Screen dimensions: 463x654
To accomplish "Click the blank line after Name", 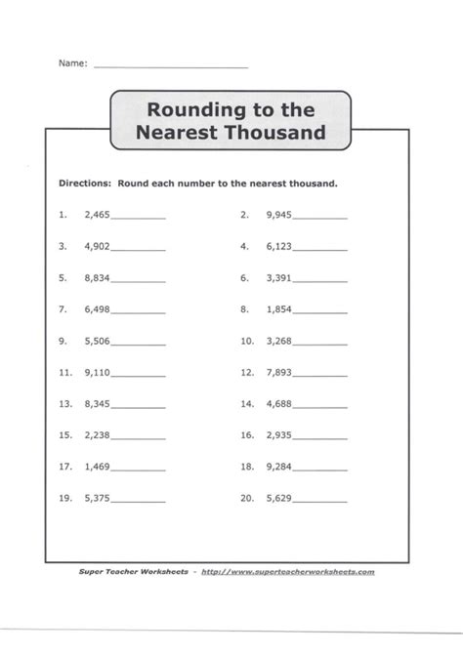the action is pos(171,64).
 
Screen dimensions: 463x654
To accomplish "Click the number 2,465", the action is pos(98,215).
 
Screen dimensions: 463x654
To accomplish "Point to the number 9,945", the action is pos(279,215).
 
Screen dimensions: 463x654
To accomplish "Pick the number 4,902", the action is pos(98,246).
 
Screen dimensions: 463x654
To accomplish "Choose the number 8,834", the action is pos(98,278).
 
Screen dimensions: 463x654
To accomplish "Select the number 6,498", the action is pos(98,309).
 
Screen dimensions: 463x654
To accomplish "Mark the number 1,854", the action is pos(279,309).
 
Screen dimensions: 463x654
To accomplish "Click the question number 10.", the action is pos(246,342).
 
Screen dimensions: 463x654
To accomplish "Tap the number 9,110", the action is pos(98,373).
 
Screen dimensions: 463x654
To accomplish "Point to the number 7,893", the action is pos(279,373).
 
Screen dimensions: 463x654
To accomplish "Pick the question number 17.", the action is pos(65,468).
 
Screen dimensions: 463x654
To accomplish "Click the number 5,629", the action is pos(279,499).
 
